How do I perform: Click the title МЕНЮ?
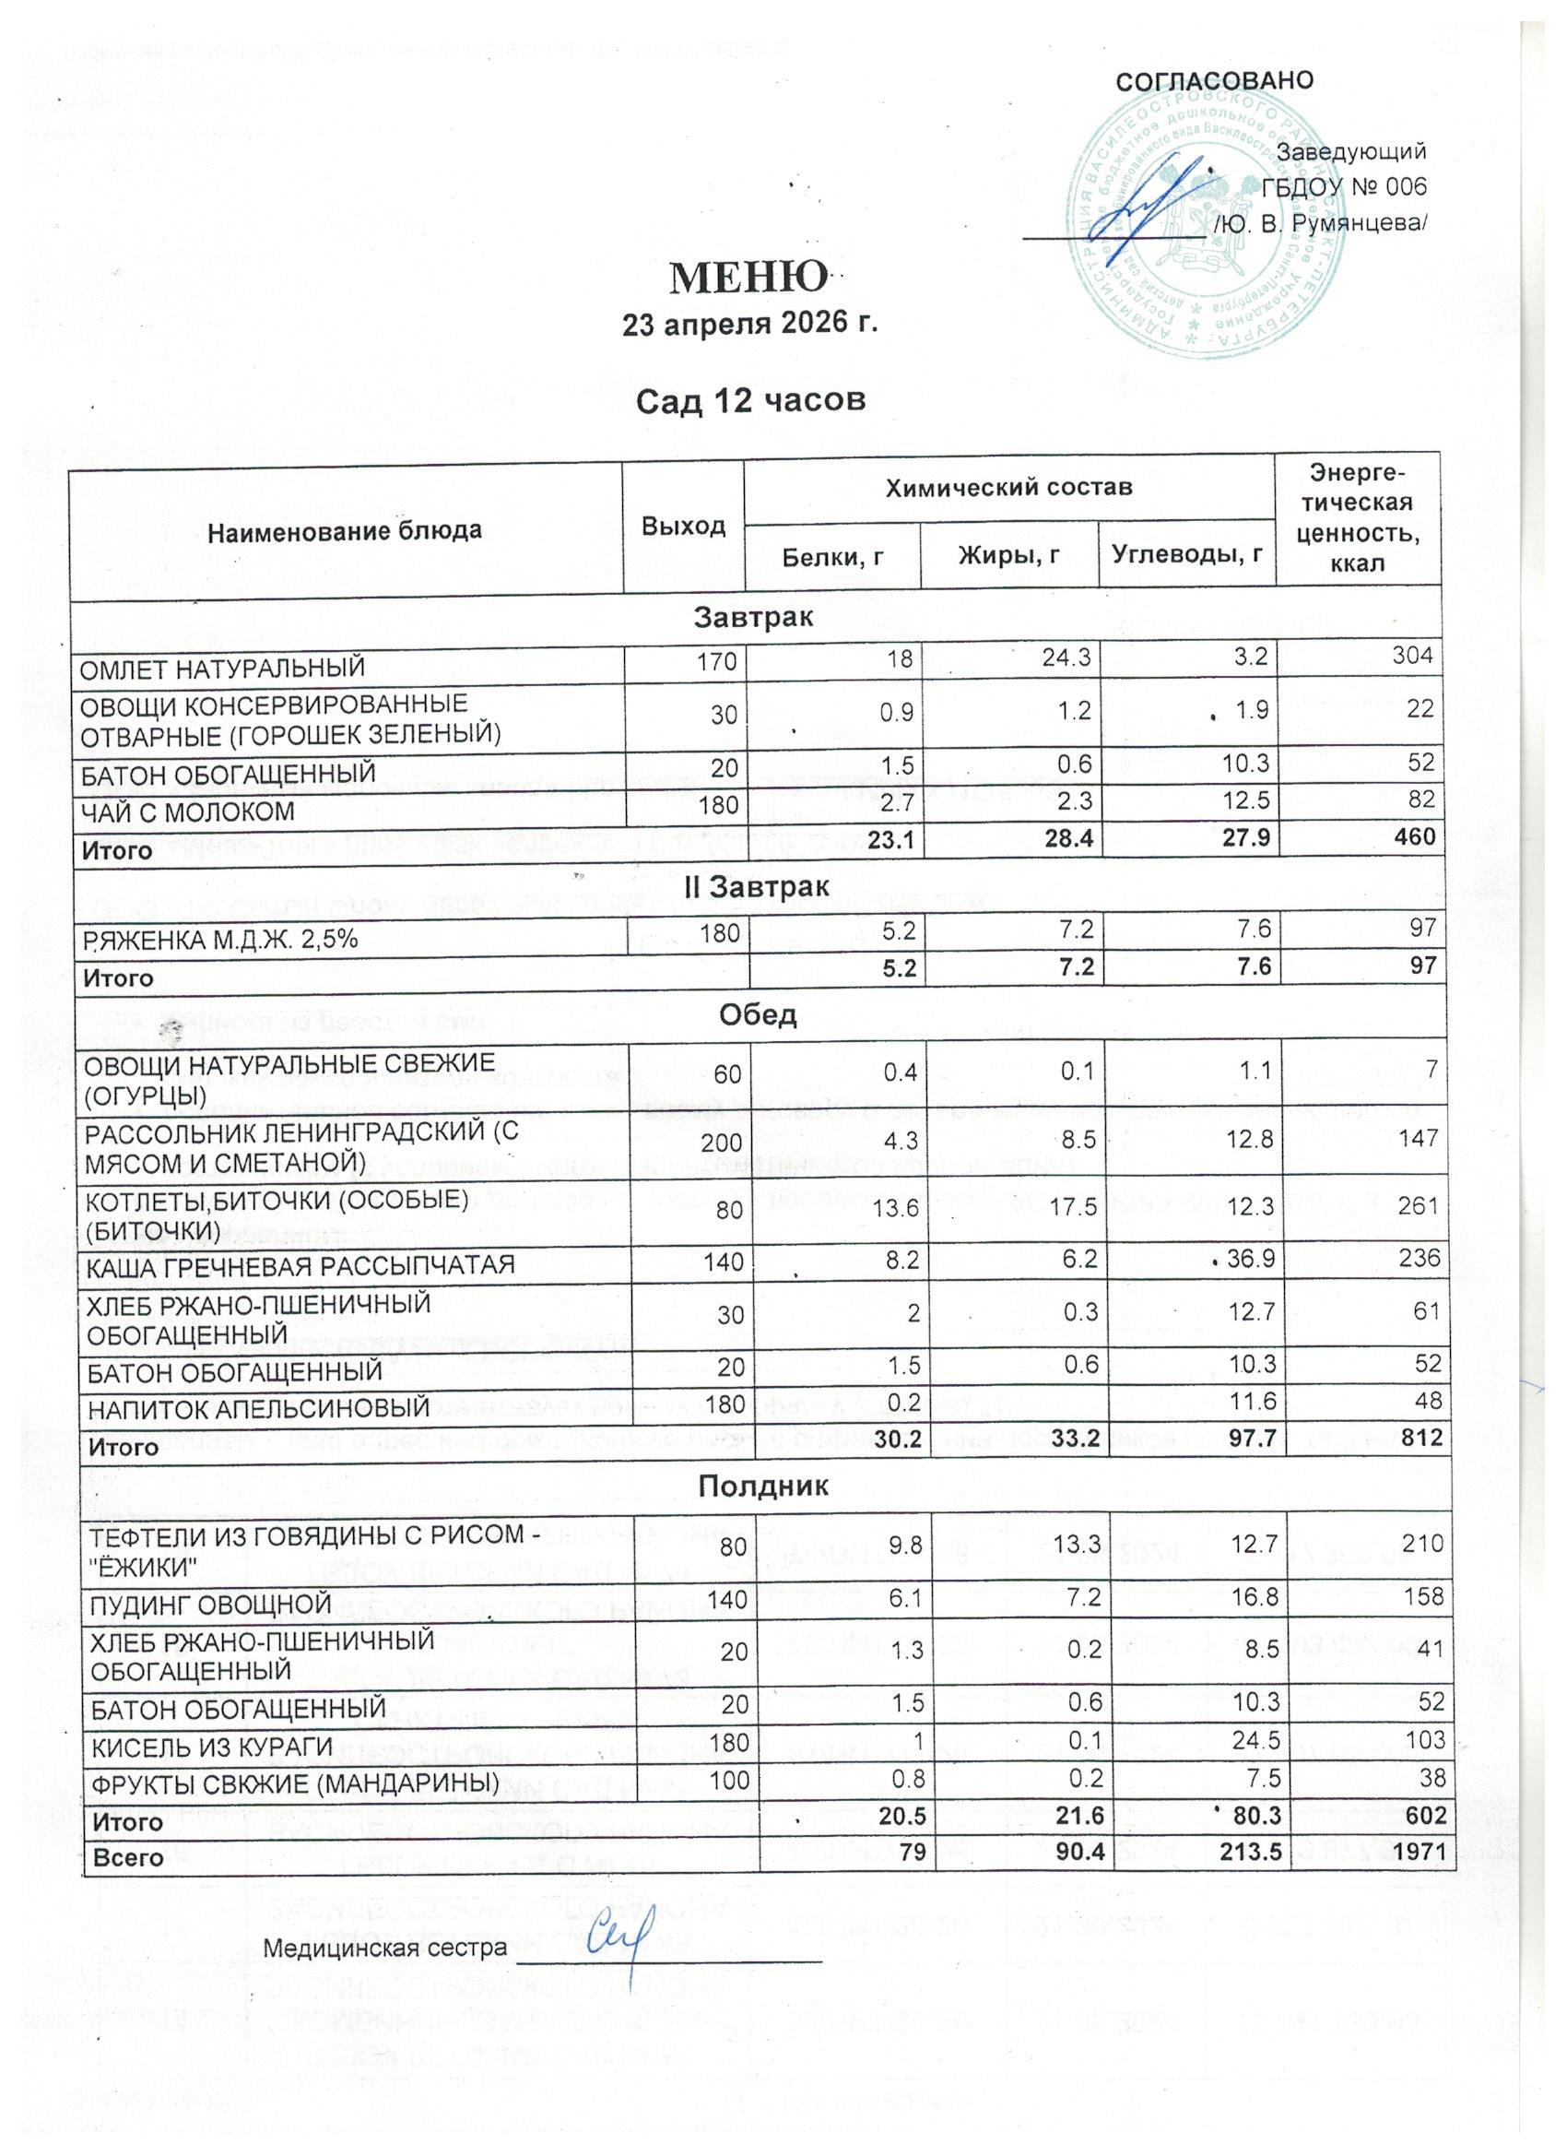tap(748, 277)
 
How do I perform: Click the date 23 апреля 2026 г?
tap(748, 326)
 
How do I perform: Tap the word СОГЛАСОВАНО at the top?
tap(1215, 80)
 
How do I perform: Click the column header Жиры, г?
tap(1009, 557)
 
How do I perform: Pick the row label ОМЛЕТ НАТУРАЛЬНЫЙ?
tap(221, 669)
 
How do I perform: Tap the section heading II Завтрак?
tap(758, 886)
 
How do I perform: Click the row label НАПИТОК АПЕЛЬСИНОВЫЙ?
tap(257, 1407)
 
